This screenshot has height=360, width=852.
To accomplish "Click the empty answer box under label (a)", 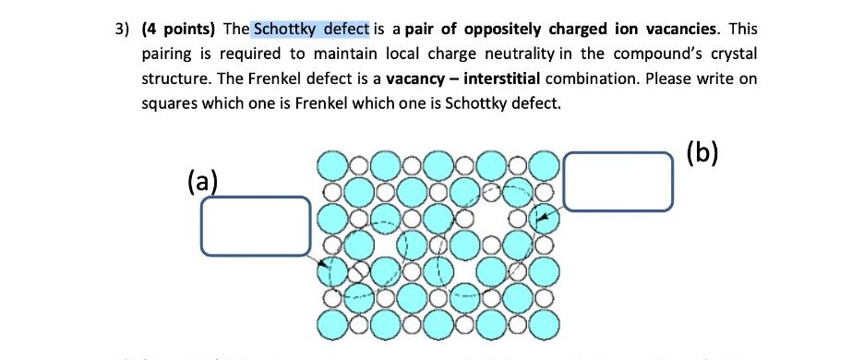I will (256, 226).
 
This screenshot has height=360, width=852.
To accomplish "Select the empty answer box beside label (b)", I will (617, 180).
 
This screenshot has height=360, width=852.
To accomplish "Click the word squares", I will (167, 102).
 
